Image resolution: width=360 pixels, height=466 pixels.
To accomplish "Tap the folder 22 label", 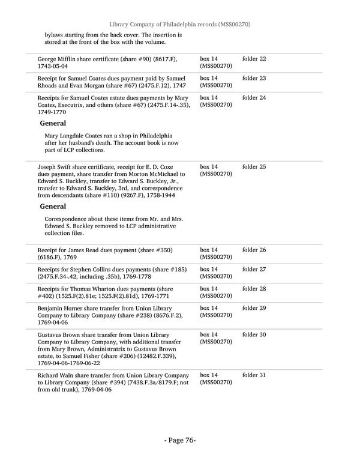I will [x=254, y=59].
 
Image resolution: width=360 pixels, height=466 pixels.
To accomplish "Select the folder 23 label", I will [x=254, y=78].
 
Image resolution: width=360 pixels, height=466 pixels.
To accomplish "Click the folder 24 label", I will [x=254, y=97].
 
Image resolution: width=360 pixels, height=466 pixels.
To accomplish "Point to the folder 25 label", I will [x=254, y=166].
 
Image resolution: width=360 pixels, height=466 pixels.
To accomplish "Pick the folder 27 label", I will [x=254, y=269].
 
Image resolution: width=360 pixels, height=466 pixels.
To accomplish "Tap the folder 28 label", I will [x=254, y=289].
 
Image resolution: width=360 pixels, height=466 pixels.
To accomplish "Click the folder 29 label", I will [x=254, y=308].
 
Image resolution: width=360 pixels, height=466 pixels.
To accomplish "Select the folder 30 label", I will [x=254, y=334].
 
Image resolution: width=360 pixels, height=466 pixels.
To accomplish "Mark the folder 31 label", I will [x=254, y=375].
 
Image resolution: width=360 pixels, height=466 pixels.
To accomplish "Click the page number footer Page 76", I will [x=180, y=440].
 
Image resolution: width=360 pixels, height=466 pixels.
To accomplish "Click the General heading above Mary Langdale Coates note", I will [x=53, y=123].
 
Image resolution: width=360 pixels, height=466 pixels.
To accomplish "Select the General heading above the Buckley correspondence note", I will [x=53, y=207].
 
